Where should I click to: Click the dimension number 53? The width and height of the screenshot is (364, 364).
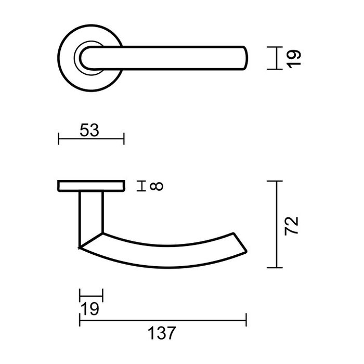(90, 130)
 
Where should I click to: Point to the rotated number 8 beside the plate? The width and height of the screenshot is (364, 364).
(157, 186)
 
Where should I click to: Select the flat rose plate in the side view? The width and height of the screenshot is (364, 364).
(91, 186)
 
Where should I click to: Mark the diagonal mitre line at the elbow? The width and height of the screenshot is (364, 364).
(91, 240)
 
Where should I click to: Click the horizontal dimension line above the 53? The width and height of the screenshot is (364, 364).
(91, 139)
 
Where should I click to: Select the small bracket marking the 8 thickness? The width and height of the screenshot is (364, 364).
(139, 186)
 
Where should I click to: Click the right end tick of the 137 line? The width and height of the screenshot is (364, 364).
(246, 320)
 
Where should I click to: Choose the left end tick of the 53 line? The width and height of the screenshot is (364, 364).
(59, 139)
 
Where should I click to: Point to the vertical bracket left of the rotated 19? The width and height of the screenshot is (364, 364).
(274, 57)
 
